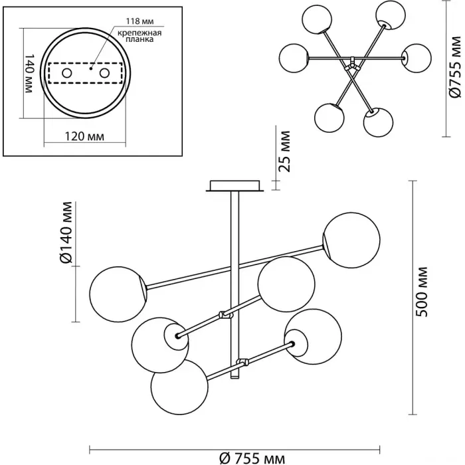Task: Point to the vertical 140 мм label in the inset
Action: pos(29,73)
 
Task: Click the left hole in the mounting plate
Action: pos(67,72)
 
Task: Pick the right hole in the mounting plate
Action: pos(104,72)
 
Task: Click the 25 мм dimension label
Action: pos(286,153)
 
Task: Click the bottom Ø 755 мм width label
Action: pos(252,457)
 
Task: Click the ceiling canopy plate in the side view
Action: pos(234,185)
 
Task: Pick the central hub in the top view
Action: pos(351,65)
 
